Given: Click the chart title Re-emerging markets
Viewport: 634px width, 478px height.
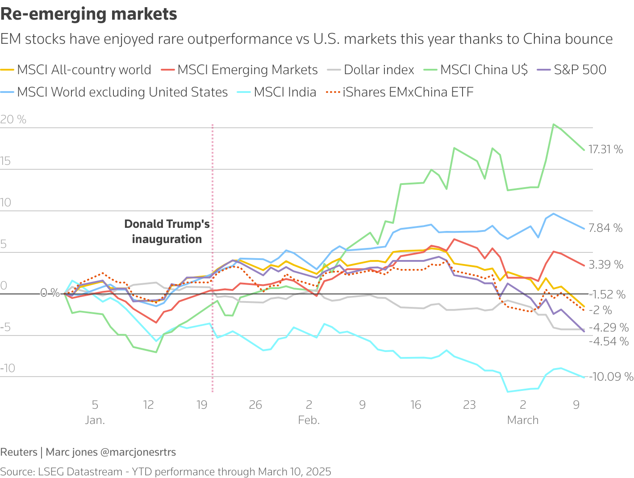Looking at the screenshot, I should (x=89, y=14).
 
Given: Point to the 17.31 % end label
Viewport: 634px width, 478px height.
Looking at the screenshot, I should (x=605, y=149).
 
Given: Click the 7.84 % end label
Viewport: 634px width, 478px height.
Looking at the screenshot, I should (x=605, y=228).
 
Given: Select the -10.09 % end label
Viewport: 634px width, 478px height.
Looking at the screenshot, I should (x=611, y=377).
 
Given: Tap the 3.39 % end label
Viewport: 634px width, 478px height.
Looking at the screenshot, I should (x=606, y=264).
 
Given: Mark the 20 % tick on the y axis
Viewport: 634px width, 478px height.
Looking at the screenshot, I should (x=13, y=119).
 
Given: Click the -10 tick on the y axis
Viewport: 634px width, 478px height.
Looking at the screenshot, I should (x=8, y=368).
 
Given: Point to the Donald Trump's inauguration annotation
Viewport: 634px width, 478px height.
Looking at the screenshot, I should (x=167, y=231).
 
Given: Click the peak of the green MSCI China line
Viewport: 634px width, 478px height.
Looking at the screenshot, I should (x=554, y=125).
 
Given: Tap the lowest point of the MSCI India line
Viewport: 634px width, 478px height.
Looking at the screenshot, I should (x=508, y=392).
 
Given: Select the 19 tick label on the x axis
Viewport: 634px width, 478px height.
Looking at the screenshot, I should (x=202, y=405).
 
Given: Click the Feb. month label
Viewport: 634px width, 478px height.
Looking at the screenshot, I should (x=309, y=420).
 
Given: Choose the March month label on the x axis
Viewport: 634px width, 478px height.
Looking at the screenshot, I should (x=523, y=420).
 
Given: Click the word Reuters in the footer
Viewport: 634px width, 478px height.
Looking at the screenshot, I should (x=19, y=452).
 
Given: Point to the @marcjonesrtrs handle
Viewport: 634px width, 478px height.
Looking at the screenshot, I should (x=138, y=452).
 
